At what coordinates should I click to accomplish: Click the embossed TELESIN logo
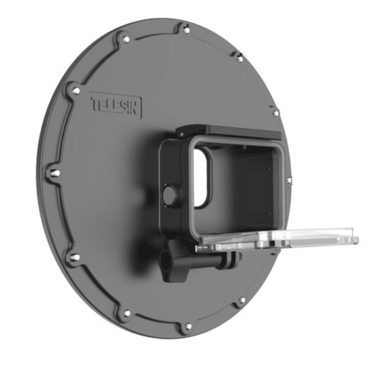tap(116, 105)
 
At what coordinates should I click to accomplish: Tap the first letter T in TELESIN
tap(95, 104)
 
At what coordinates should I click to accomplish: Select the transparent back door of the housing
tap(277, 239)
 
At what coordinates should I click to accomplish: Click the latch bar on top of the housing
tap(229, 131)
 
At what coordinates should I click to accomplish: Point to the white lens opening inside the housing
tap(200, 177)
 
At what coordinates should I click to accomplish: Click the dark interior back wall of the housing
tap(242, 186)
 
